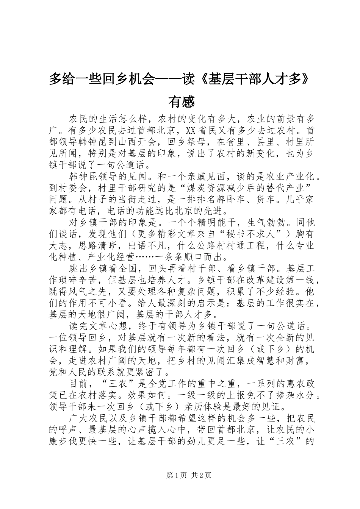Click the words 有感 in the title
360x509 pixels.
click(181, 101)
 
